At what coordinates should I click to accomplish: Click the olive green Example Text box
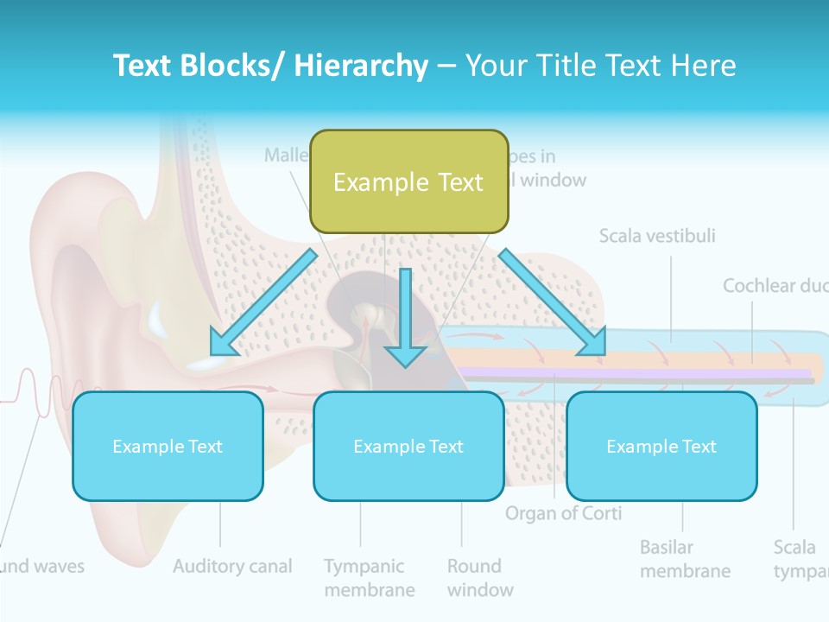point(408,182)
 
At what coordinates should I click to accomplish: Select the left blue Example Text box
point(168,446)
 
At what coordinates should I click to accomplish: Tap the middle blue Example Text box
point(408,446)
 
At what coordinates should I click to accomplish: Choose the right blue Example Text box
point(661,446)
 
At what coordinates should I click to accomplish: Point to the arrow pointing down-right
point(554,302)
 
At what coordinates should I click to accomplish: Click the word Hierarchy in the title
point(361,66)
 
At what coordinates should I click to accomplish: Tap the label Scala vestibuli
point(657,235)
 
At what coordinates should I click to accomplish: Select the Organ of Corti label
point(563,513)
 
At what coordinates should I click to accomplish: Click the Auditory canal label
point(232,567)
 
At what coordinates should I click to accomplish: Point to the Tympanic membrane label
point(369,578)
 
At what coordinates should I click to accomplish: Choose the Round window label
point(480,578)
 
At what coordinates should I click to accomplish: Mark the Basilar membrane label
point(685,559)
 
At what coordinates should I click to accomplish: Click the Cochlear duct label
point(774,285)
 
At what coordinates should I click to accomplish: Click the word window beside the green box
point(553,181)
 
